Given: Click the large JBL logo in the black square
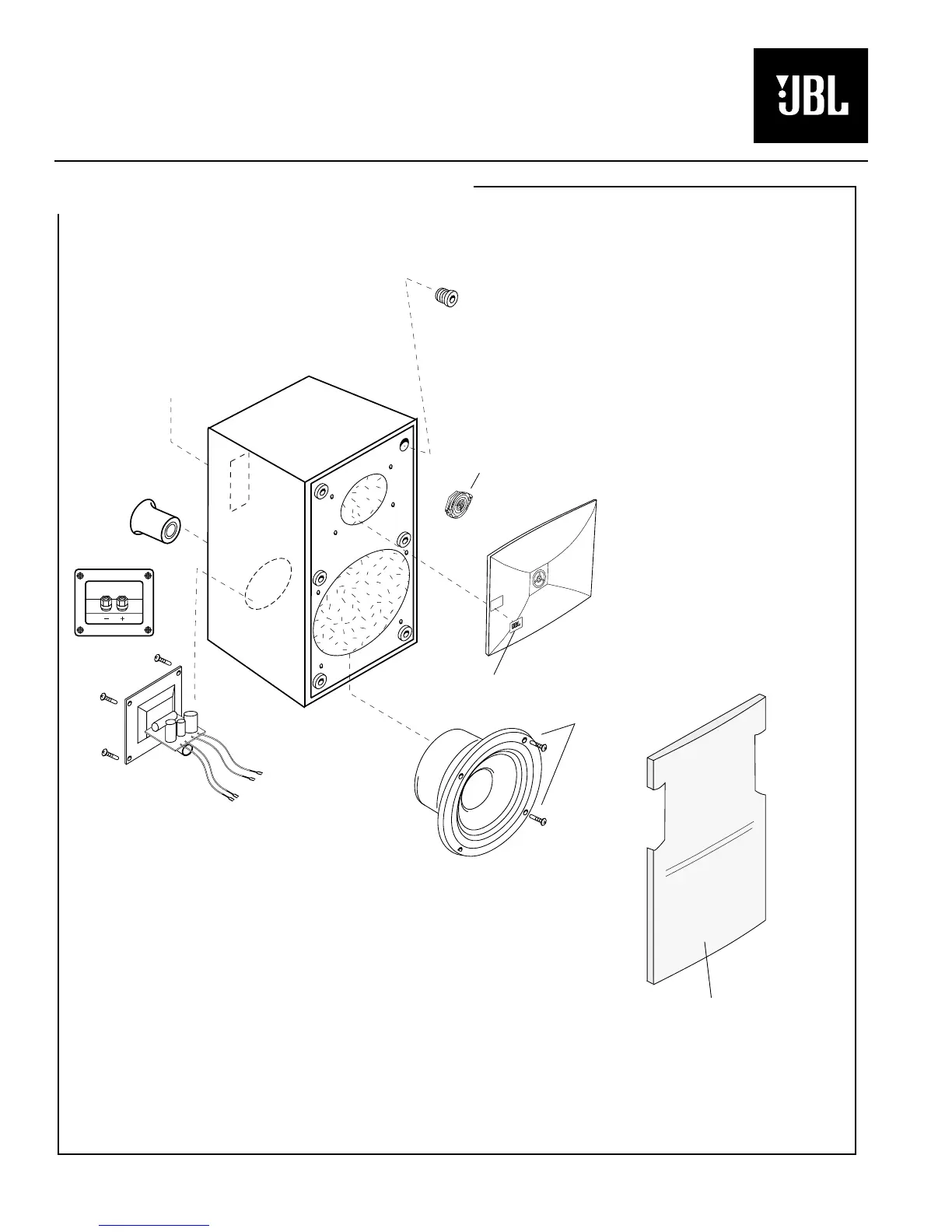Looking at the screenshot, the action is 810,96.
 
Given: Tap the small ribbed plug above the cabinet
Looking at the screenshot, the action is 446,296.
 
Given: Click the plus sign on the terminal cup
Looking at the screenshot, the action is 122,619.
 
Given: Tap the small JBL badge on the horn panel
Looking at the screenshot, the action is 516,624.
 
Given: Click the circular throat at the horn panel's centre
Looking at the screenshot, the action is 538,579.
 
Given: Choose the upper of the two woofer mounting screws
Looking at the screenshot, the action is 537,746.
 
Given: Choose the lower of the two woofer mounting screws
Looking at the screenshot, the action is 537,818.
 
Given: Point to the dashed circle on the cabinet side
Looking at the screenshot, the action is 268,583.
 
